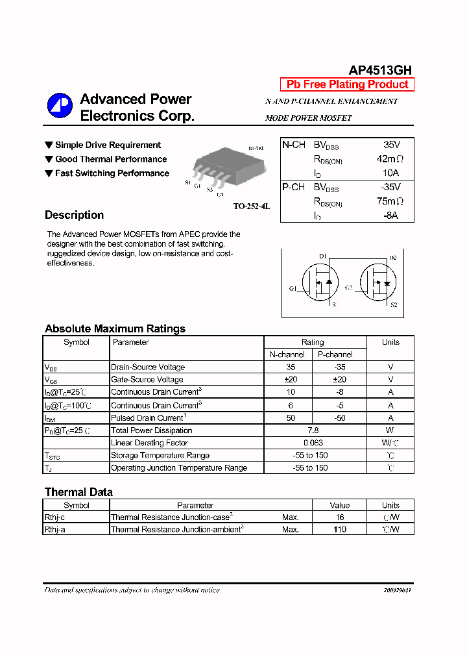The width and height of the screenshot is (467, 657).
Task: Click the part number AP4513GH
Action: pos(380,71)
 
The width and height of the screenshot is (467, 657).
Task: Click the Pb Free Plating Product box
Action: pos(347,84)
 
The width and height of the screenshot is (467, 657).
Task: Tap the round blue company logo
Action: pos(60,106)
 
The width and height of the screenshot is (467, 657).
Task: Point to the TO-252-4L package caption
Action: pos(251,206)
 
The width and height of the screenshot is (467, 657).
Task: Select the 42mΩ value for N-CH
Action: pos(390,159)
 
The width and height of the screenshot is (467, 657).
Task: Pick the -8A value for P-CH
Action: pos(390,216)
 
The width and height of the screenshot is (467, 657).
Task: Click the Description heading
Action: pos(74,216)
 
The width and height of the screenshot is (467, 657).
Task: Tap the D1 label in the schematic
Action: pos(322,256)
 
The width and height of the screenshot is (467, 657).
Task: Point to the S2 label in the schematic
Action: pos(393,304)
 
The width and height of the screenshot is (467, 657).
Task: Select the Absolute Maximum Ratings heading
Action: pos(115,328)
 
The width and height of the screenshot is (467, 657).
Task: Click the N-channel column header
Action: pos(287,354)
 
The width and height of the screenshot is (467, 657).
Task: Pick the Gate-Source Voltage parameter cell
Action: pos(147,380)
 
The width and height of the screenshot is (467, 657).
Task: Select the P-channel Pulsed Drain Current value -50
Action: pos(339,418)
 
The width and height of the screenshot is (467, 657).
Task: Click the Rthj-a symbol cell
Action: pos(54,530)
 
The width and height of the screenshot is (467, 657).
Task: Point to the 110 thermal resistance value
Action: pos(339,530)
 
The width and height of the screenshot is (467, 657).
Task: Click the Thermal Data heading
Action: pos(78,492)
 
